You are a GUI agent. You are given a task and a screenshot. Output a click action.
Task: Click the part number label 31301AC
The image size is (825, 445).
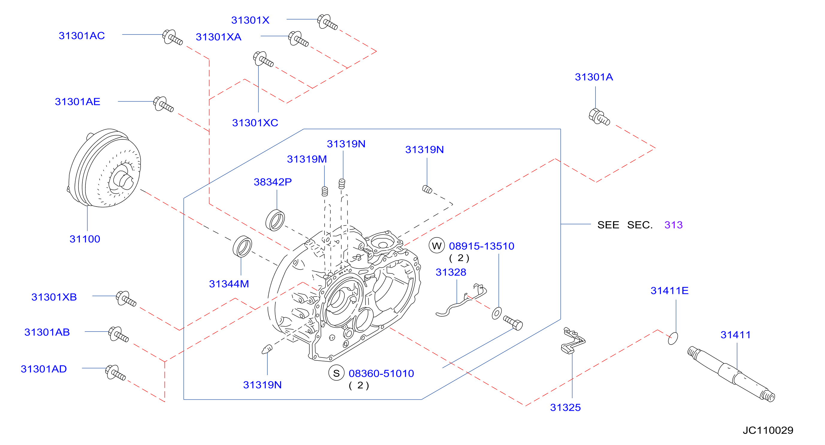[x=82, y=36]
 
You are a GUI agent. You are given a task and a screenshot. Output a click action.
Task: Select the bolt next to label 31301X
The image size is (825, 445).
[x=327, y=22]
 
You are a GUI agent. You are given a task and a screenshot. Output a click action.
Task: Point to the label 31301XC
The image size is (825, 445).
[x=255, y=123]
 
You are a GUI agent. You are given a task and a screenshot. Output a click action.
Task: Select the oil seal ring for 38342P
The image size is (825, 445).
[x=275, y=220]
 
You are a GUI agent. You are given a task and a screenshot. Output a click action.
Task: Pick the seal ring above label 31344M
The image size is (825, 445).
[x=242, y=246]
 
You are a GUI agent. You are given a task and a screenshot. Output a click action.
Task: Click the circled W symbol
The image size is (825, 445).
[x=437, y=246]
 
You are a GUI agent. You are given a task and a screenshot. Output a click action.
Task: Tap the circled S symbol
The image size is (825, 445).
[x=336, y=373]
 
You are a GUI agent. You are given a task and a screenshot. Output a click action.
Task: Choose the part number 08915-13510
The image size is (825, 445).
[x=481, y=246]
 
